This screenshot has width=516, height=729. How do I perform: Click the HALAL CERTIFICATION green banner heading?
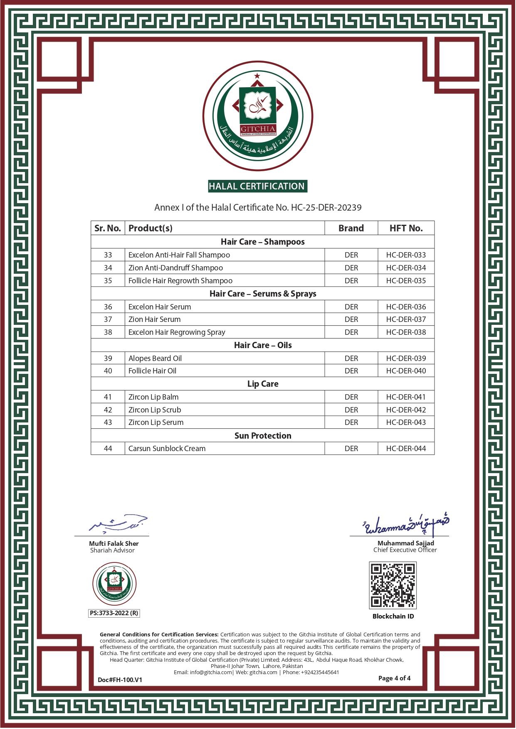257,187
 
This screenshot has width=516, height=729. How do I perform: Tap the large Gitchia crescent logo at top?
258,117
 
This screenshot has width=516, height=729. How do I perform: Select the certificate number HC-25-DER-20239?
326,207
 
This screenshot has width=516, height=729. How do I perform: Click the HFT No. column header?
406,228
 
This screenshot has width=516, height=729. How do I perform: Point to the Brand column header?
351,228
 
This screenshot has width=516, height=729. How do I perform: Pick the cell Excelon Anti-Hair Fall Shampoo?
179,255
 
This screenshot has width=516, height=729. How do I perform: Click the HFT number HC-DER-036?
406,307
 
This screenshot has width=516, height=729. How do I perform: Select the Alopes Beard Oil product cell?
155,358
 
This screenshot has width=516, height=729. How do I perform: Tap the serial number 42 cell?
108,410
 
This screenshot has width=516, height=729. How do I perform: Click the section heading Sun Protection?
263,436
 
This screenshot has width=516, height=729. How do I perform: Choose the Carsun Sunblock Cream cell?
167,449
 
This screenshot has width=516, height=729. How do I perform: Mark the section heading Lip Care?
263,384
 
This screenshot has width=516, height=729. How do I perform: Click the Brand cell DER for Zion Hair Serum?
351,319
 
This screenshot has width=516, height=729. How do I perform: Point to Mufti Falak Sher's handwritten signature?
119,524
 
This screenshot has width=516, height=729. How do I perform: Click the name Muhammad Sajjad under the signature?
405,543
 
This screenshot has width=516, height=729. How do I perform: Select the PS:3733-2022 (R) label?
114,613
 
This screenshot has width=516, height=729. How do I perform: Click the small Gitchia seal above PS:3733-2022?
114,584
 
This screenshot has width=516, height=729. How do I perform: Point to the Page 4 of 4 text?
394,678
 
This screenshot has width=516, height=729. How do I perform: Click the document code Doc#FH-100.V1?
120,680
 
